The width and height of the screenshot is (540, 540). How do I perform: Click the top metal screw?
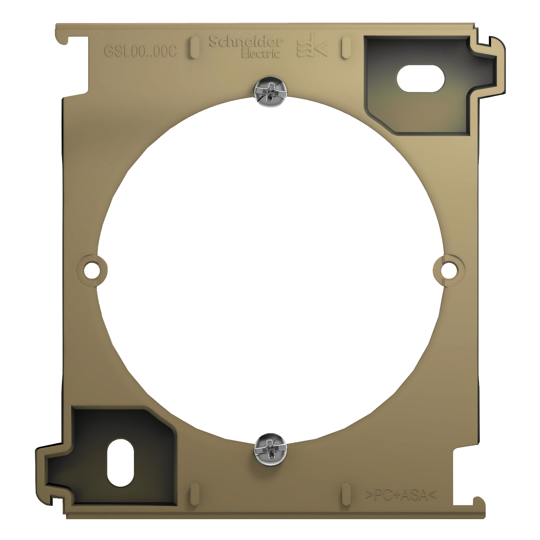271,93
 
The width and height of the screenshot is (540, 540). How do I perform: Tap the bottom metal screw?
271,447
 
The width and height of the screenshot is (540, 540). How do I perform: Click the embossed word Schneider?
246,42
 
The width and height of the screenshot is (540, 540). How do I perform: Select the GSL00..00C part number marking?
141,52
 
